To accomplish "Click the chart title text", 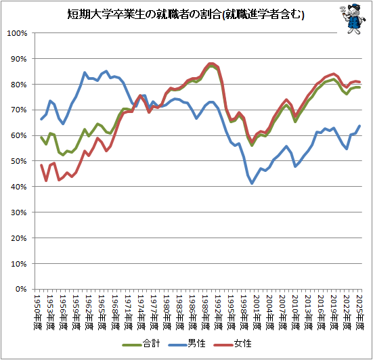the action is (185, 14).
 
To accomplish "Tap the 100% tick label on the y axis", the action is (17, 33).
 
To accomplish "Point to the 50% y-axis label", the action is (18, 161).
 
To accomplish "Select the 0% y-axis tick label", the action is (21, 289).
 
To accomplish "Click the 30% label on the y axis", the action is (18, 212).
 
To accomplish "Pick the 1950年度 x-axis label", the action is (37, 312).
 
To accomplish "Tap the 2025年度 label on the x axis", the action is (359, 312).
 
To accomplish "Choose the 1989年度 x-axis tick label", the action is (205, 312).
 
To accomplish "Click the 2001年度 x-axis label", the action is (257, 312).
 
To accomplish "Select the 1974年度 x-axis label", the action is (141, 312).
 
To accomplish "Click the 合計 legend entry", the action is (141, 344).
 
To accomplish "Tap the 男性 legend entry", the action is (187, 344).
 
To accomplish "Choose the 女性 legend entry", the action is (232, 344).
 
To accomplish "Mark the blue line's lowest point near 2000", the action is (252, 183).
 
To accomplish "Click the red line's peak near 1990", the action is (211, 64).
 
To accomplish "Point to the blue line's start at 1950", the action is (41, 119).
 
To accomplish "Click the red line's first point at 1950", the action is (41, 165).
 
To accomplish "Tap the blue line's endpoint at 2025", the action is (359, 126).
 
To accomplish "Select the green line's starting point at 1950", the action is (41, 137).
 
